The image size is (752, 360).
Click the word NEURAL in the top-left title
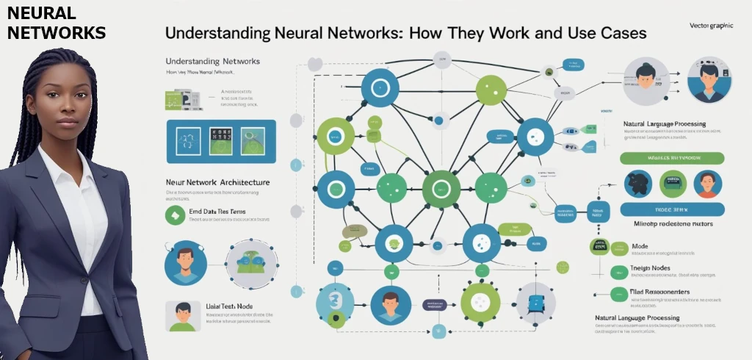(41, 13)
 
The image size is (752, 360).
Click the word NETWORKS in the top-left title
(57, 32)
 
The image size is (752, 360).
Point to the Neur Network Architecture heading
(217, 181)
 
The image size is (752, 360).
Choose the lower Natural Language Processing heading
(646, 318)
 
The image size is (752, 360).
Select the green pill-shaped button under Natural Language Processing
(672, 158)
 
